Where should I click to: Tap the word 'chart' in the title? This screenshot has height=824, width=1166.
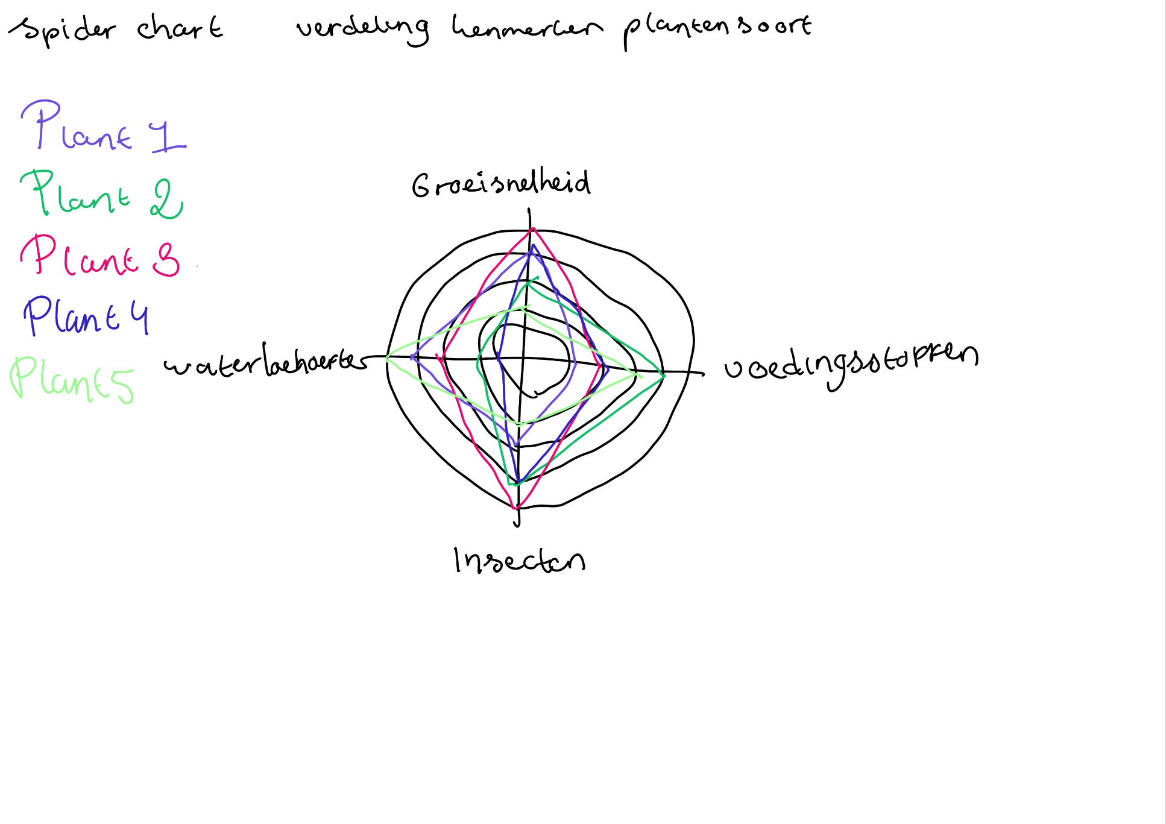180,28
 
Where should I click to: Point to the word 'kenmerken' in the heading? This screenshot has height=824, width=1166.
526,27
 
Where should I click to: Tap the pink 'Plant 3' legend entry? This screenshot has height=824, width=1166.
99,256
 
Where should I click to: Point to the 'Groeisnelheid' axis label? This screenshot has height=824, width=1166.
501,183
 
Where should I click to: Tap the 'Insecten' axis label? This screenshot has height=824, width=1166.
519,561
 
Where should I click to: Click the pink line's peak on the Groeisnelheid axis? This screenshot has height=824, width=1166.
533,229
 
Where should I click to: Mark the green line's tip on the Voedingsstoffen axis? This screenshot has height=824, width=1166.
664,376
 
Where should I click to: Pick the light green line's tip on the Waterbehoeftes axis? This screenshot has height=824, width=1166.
387,357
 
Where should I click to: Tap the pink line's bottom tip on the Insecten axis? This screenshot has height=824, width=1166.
516,508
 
